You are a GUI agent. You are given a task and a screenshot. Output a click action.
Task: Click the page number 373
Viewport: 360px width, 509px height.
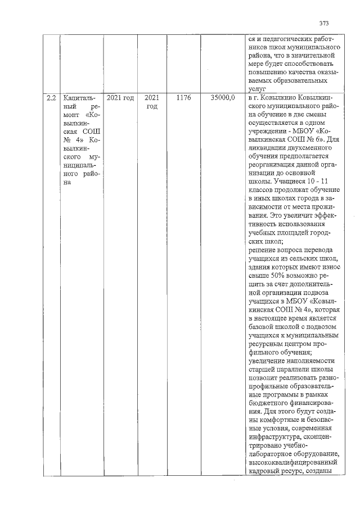[x=324, y=24]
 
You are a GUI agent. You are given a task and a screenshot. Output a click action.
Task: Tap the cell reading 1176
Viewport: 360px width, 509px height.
[x=183, y=98]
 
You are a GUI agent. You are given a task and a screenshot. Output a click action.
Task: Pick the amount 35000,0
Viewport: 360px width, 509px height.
[x=223, y=98]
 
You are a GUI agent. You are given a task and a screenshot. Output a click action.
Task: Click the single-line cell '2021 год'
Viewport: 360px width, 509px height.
[x=120, y=98]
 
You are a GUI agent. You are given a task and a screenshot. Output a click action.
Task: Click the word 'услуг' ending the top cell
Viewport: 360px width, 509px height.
[x=256, y=89]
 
